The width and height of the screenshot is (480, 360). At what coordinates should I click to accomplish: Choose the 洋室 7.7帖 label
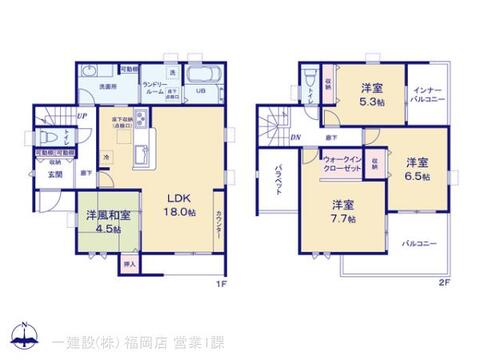[343, 213]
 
